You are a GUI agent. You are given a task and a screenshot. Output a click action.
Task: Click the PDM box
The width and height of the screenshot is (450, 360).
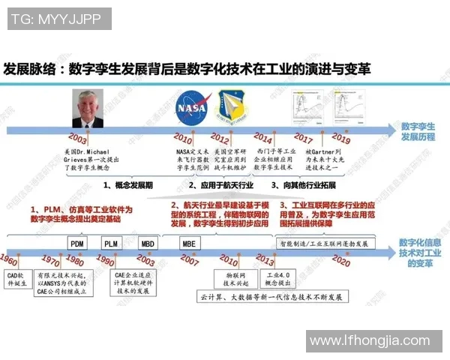pos(77,243)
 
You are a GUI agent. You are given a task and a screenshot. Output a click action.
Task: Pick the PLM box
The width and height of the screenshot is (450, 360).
pos(111,243)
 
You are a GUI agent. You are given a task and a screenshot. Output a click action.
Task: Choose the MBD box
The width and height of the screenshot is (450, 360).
pos(147,243)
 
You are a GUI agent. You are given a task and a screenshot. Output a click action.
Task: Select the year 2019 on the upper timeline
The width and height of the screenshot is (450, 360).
pos(341,139)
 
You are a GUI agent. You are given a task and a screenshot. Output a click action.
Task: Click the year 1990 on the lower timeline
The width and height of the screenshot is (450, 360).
pos(106,260)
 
